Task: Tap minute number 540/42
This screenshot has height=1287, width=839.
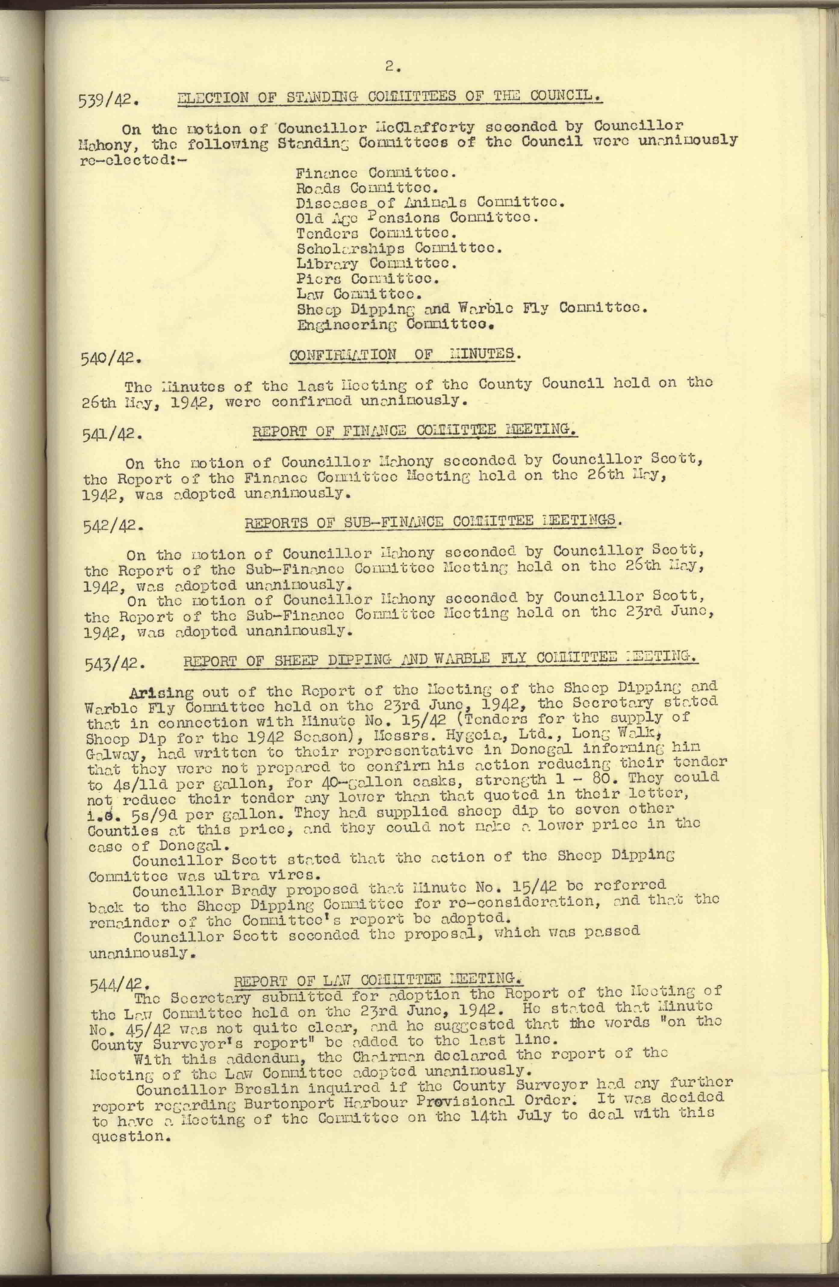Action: coord(111,358)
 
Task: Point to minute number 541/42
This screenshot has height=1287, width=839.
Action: coord(112,435)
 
